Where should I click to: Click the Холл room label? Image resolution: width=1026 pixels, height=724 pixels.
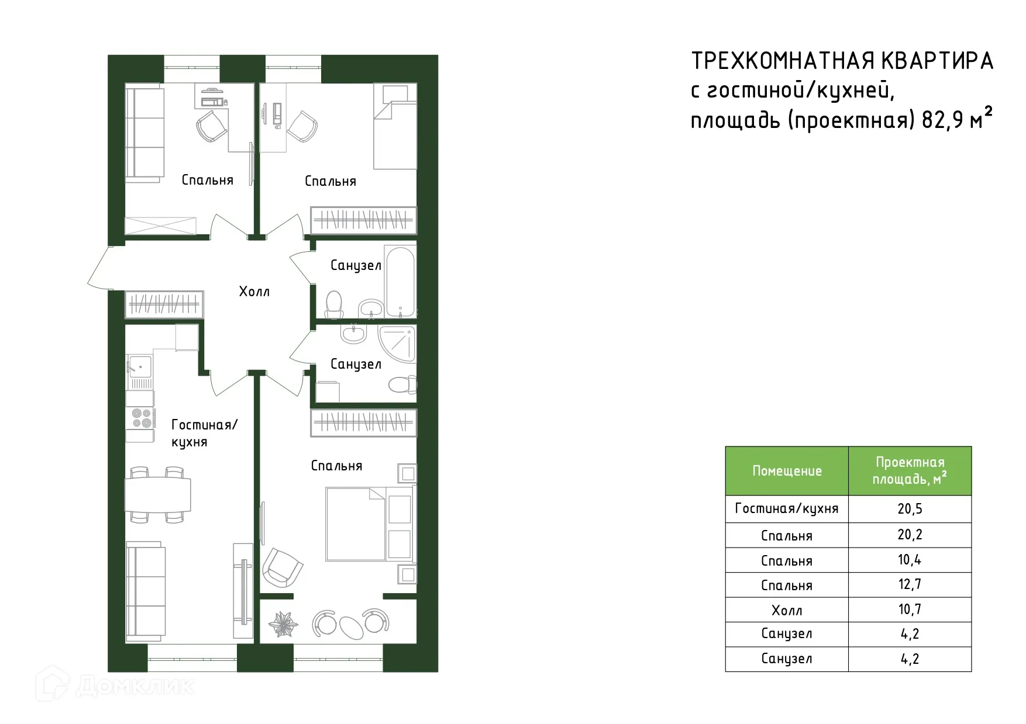pos(254,292)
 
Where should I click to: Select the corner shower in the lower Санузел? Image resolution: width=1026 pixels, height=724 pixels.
pos(398,344)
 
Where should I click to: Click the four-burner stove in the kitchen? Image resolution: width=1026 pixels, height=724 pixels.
pos(141,418)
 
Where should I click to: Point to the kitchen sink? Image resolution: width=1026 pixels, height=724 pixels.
pos(139,366)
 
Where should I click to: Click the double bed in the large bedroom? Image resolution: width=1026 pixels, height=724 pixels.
pos(356,524)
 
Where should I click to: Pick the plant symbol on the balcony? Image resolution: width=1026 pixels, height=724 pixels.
pos(284,624)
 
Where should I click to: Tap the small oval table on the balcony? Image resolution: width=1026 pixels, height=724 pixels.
pos(352,626)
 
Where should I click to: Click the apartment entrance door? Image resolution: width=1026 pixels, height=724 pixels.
pos(99,268)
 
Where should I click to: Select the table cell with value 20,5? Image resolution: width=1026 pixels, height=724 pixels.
pos(910,509)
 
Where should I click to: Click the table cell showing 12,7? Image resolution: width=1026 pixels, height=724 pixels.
pos(910,584)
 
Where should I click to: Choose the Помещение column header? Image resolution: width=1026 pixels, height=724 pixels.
pos(787,471)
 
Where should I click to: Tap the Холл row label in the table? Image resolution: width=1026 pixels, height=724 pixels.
pos(787,610)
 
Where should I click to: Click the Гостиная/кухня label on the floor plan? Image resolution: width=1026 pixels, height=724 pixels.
pos(204,433)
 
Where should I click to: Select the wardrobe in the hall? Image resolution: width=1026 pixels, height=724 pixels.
pos(164,304)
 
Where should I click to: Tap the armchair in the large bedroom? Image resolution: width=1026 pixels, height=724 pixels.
pos(282,567)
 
